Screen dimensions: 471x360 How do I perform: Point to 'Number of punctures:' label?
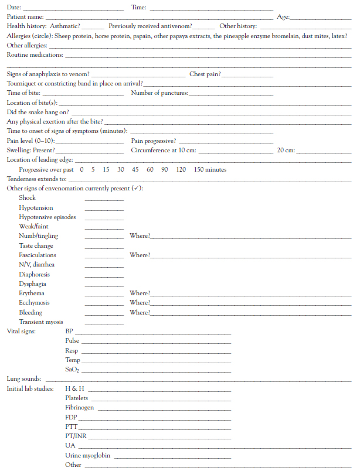[x=159, y=93]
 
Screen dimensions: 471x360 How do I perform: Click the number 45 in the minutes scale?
[x=135, y=169]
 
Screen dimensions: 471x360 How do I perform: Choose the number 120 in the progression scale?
[x=181, y=169]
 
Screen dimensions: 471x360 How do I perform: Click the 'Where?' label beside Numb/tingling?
[x=140, y=236]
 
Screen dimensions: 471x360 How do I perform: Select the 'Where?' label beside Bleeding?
[x=140, y=312]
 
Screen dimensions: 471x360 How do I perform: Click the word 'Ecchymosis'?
[x=34, y=303]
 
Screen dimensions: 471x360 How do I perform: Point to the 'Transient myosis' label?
[x=41, y=322]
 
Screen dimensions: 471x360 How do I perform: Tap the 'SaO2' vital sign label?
[x=73, y=370]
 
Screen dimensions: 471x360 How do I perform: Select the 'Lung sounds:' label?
[x=23, y=380]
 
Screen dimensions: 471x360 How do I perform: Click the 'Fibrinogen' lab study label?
[x=79, y=408]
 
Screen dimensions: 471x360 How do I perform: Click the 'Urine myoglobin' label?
[x=87, y=455]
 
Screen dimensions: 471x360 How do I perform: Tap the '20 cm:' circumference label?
[x=286, y=151]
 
